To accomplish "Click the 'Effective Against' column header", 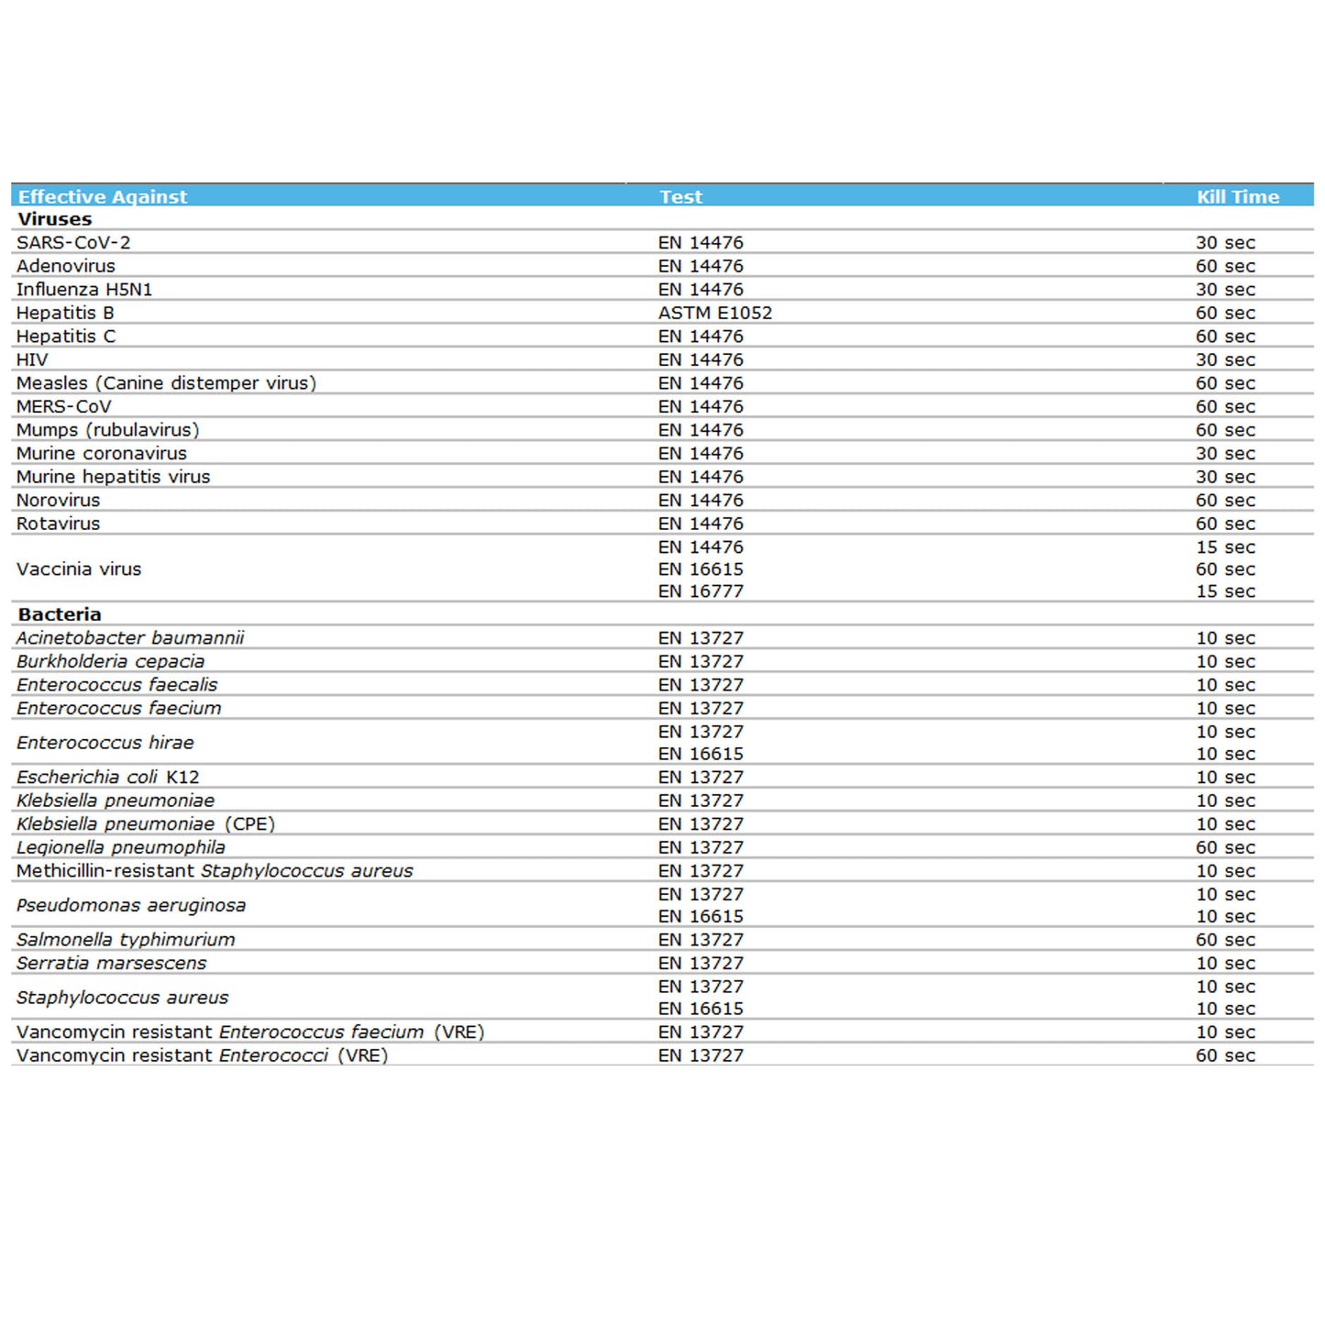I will [103, 196].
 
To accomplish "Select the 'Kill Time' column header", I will [1237, 196].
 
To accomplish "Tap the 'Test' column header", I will [680, 196].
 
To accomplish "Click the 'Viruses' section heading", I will [55, 219].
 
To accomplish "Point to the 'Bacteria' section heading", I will [60, 614].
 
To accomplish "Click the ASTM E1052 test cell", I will [715, 313].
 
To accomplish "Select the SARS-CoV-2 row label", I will [73, 243].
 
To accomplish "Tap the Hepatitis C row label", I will [66, 337].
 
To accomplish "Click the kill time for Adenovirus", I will [1225, 266].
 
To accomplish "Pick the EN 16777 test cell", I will [701, 591].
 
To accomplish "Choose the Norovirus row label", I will [58, 501].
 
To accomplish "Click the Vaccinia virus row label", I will [79, 569].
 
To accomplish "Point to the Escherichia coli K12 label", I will [107, 778].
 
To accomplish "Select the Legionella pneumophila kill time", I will [1225, 848].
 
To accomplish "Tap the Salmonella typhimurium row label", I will [126, 940].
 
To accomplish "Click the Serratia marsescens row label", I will [111, 964].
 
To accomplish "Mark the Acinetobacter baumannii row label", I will [130, 638].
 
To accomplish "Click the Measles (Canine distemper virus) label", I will [166, 383].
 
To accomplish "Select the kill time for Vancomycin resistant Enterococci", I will [1225, 1056].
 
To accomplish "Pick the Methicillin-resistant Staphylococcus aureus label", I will [215, 871].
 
